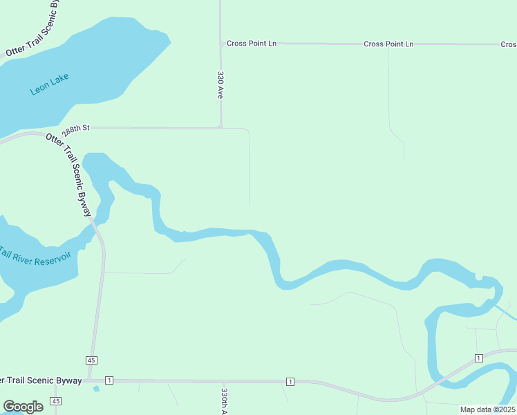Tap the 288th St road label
[x=76, y=129]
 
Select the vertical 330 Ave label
[x=220, y=84]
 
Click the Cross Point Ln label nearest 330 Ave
[x=252, y=44]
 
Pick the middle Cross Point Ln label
[x=388, y=44]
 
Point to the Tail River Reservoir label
[x=36, y=255]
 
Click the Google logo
[x=23, y=407]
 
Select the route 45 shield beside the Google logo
[x=56, y=401]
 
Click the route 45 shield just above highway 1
[x=92, y=360]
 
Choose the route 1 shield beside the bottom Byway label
[x=109, y=380]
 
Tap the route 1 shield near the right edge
[x=478, y=358]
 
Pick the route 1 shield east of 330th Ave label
[x=290, y=382]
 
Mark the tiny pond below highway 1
[x=96, y=389]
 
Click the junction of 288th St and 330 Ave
[x=220, y=127]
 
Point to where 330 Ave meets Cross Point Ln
[x=221, y=44]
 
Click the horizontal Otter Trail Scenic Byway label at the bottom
[x=41, y=380]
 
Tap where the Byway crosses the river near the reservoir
[x=95, y=225]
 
